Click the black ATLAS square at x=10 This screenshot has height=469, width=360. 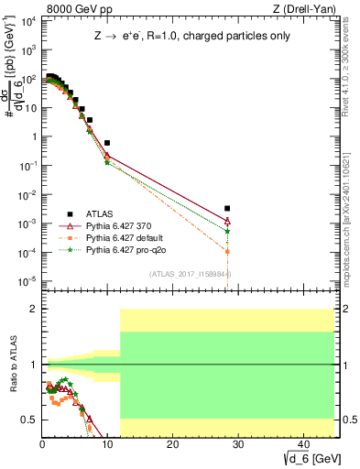(x=107, y=143)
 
